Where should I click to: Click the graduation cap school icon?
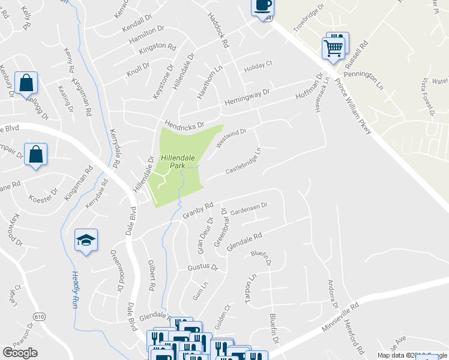[86, 240]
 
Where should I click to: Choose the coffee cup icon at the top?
[262, 6]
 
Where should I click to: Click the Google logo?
[20, 352]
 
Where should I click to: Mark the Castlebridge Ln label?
[243, 163]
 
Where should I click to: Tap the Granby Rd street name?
[198, 211]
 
